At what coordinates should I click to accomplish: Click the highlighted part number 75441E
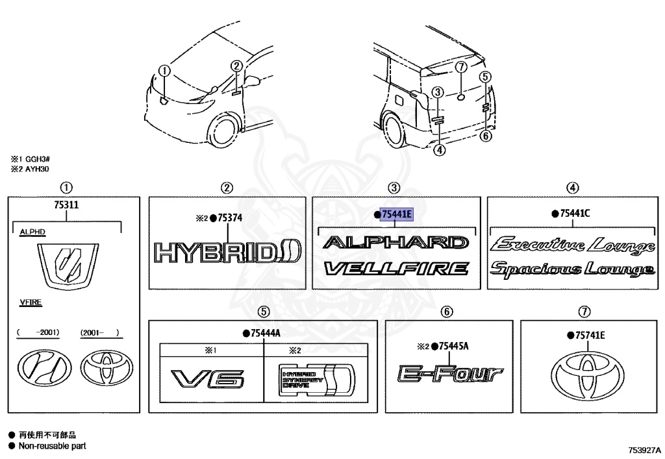coord(396,214)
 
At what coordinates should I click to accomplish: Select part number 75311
coord(66,205)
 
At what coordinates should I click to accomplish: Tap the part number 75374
coord(230,218)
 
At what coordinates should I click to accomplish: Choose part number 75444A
coord(265,333)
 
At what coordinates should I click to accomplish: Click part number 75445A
coord(453,345)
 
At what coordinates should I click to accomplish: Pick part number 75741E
coord(590,335)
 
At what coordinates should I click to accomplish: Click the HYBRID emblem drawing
coord(227,251)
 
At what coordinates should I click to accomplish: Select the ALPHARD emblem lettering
coord(395,243)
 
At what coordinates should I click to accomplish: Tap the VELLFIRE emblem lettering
coord(396,267)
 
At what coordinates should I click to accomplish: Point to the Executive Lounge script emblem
coord(572,246)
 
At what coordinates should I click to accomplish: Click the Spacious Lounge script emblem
coord(572,269)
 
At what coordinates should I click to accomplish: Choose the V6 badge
coord(208,378)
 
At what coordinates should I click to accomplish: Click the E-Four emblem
coord(449,374)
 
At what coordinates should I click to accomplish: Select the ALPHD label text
coord(33,231)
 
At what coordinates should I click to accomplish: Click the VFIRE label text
coord(31,303)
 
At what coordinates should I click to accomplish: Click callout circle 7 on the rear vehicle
coord(460,68)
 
